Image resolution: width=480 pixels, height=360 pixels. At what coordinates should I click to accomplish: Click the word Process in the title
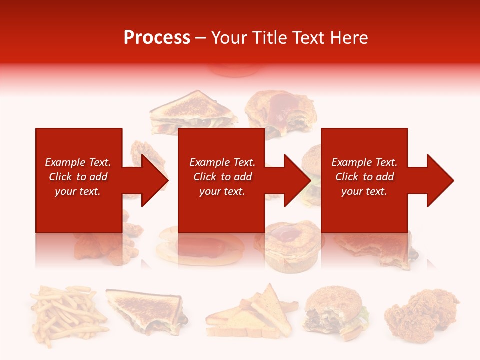click(157, 38)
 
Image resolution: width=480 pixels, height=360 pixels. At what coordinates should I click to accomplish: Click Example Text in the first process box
click(78, 162)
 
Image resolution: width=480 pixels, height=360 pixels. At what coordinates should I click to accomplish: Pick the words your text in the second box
click(222, 191)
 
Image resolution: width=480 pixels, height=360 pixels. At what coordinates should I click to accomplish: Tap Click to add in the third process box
click(364, 177)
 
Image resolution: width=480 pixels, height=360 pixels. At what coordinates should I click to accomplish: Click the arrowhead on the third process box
click(439, 180)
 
